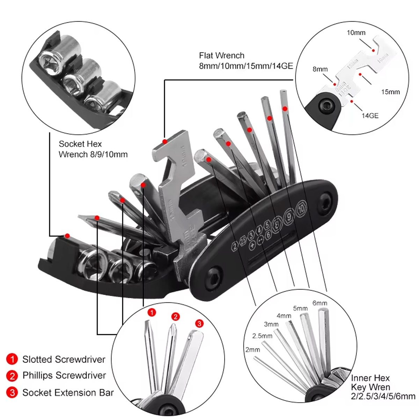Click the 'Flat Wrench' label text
pos(222,56)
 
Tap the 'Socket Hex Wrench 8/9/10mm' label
pos(93,149)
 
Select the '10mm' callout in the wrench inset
pos(356,33)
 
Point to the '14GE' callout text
pos(370,116)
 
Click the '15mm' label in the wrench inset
pos(390,92)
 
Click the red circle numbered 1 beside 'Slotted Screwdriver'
pos(12,359)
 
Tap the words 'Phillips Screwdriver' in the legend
pos(64,375)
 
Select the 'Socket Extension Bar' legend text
pos(68,392)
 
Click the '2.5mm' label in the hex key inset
pos(262,336)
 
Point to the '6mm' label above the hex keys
pos(319,303)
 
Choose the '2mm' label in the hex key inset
pos(252,350)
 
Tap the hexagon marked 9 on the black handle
pos(289,215)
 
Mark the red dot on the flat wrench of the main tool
pos(164,141)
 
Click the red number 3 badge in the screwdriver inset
pos(199,323)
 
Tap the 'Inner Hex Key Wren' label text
pos(383,387)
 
